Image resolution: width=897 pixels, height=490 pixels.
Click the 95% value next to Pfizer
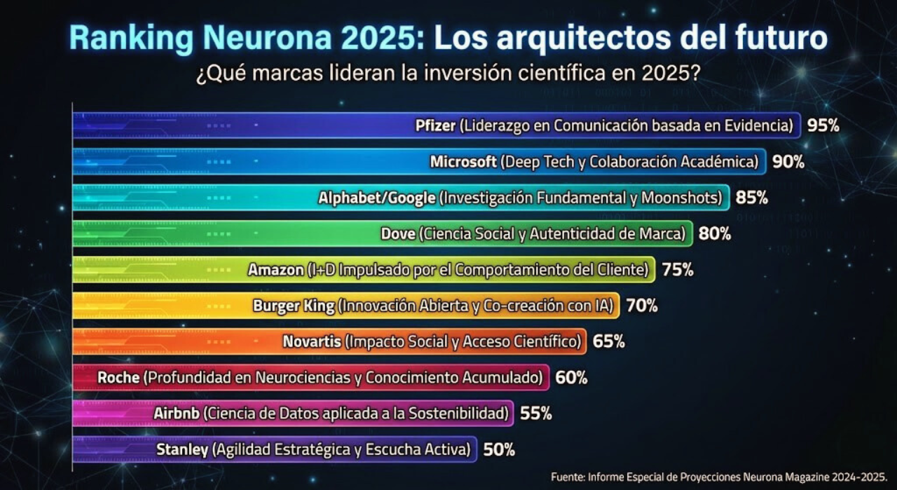[x=823, y=125]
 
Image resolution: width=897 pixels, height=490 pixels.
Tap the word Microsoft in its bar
[x=463, y=162]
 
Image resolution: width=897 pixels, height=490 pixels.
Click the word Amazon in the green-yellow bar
[x=275, y=270]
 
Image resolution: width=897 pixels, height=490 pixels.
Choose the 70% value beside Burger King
[x=642, y=306]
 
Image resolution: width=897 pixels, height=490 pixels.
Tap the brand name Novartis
[x=312, y=342]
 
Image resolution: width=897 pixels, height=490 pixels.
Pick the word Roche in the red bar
[x=118, y=378]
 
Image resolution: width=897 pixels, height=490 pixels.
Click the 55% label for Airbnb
[x=535, y=414]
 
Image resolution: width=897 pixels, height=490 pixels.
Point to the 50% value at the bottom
[x=499, y=450]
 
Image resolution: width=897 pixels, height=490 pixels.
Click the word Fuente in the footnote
[x=568, y=477]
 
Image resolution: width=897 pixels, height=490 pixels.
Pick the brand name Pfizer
[x=435, y=126]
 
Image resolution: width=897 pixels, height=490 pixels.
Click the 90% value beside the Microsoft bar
[x=788, y=162]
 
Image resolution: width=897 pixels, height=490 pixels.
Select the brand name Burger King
[x=293, y=306]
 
